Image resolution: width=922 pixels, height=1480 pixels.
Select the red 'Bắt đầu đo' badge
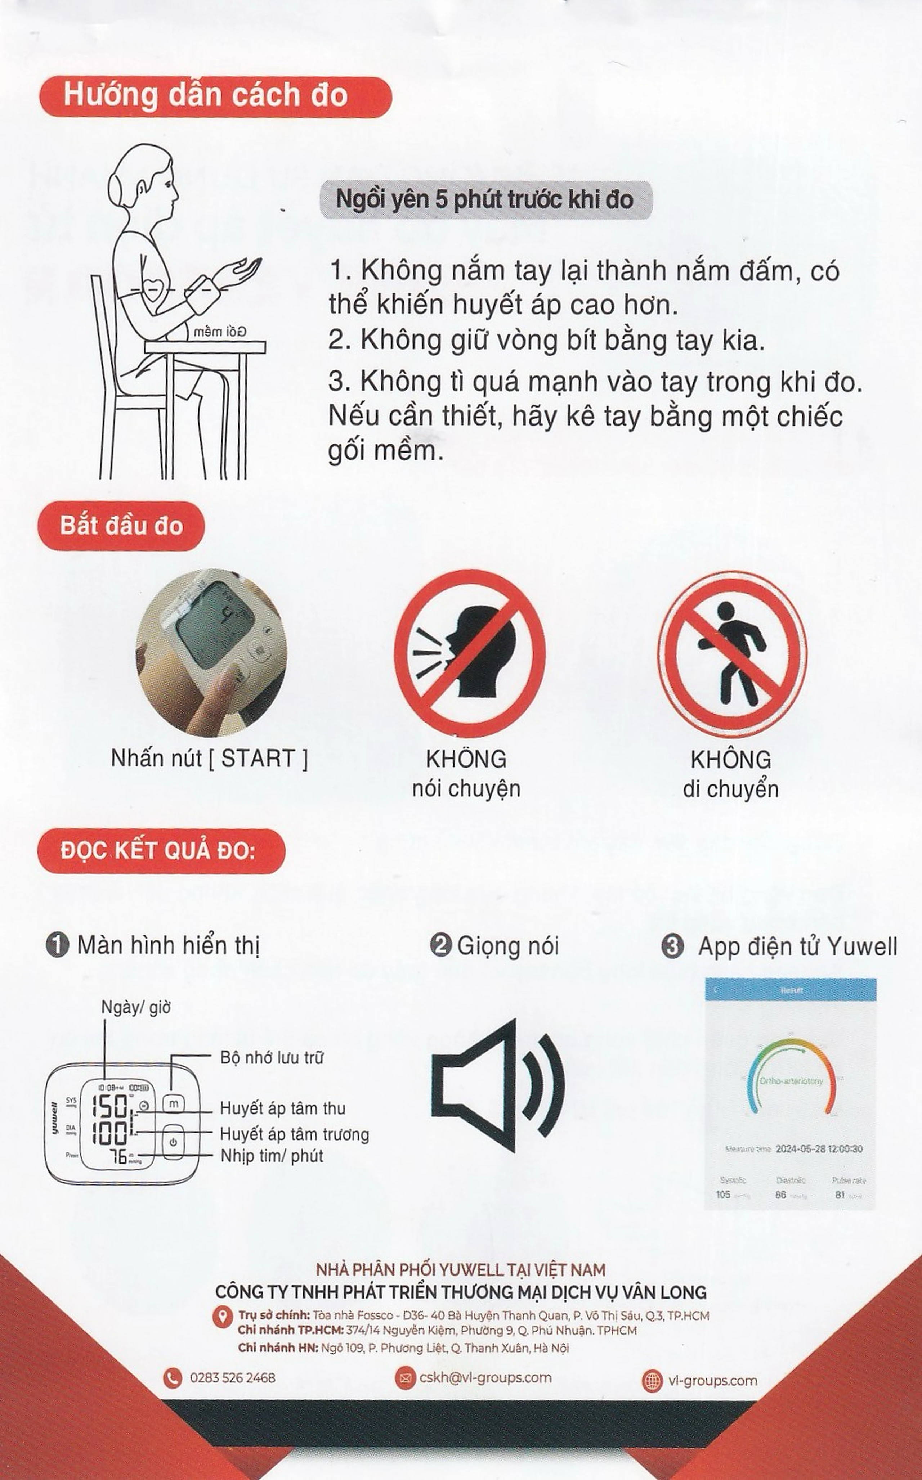click(121, 526)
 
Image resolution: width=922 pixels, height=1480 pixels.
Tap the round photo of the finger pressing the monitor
click(210, 653)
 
